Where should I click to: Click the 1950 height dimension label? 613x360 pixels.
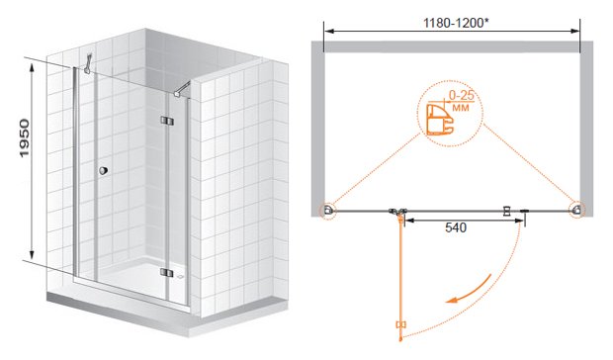[x=25, y=138]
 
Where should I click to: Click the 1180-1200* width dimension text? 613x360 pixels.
[x=456, y=23]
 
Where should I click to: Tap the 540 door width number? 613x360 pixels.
[x=456, y=227]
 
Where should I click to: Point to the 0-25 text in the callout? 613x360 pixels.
[x=462, y=95]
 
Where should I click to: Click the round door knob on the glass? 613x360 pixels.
[x=103, y=170]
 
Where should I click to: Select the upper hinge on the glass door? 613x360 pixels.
[x=166, y=121]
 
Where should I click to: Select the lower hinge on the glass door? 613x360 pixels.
[x=167, y=272]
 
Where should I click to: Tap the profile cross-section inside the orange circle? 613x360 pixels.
[x=440, y=120]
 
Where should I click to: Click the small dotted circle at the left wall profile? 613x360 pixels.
[x=327, y=211]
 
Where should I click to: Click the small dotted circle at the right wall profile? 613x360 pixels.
[x=577, y=210]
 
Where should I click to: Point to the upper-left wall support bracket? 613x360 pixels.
[x=88, y=63]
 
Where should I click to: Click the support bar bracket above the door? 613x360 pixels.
[x=183, y=89]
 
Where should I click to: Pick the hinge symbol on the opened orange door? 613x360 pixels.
[x=400, y=324]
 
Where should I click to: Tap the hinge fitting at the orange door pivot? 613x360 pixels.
[x=398, y=212]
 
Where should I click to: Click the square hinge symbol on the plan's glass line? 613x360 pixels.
[x=507, y=211]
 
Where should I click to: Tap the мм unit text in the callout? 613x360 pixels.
[x=461, y=107]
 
